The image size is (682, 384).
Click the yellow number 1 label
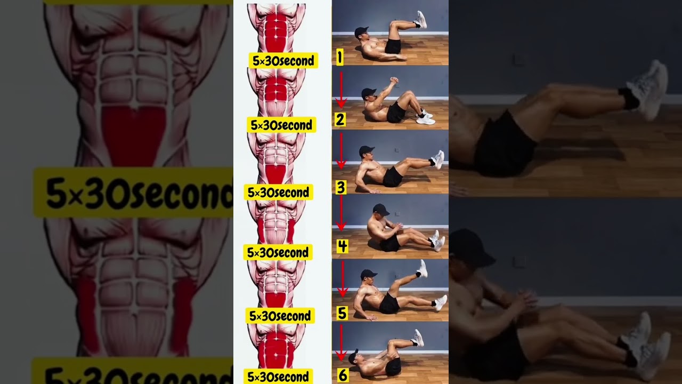(340, 57)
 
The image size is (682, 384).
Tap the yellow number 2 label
(340, 119)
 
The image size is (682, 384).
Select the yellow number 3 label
(340, 187)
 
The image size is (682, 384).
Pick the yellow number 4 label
(342, 246)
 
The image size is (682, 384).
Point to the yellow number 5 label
(342, 313)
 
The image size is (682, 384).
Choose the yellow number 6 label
(343, 375)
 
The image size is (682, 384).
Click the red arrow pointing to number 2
(341, 90)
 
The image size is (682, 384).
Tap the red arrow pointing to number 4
(341, 213)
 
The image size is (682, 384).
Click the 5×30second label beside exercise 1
(283, 61)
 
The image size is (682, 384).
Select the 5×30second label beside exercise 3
(278, 193)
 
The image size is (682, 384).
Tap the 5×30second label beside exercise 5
(280, 316)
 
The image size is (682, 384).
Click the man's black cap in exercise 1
(361, 31)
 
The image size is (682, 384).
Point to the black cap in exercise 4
(380, 210)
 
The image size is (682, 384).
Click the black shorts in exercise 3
(393, 178)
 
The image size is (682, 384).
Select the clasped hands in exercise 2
(394, 81)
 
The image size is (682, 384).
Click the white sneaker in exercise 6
(418, 338)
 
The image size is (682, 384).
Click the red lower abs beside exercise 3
(275, 175)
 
